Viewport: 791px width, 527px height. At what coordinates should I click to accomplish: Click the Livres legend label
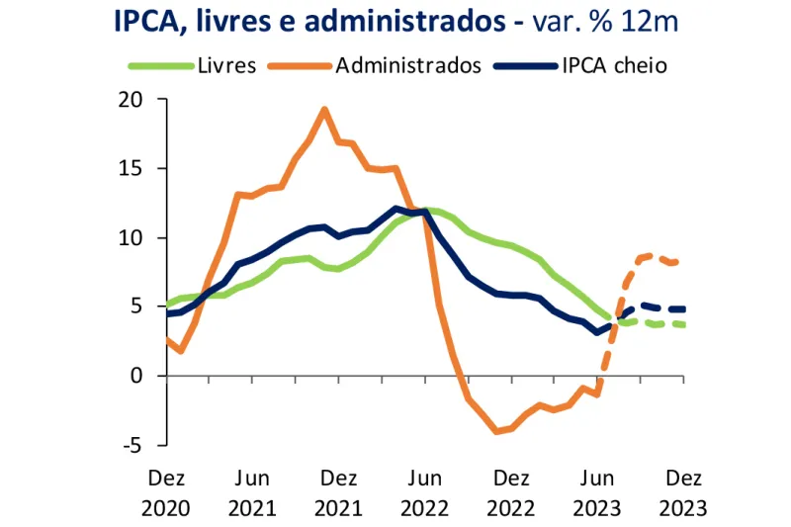click(x=226, y=66)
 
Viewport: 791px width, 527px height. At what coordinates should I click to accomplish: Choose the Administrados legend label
click(x=407, y=66)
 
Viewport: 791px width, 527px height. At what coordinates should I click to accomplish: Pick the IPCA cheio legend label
click(x=614, y=66)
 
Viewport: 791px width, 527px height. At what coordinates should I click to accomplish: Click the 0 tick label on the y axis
click(x=137, y=376)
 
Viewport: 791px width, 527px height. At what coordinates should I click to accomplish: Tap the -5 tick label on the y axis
click(x=132, y=445)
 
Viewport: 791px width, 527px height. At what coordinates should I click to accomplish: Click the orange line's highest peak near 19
click(x=324, y=109)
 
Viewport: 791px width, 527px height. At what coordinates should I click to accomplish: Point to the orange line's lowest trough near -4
click(x=496, y=431)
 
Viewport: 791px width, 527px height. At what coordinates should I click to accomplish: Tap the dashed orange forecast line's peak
click(x=649, y=255)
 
